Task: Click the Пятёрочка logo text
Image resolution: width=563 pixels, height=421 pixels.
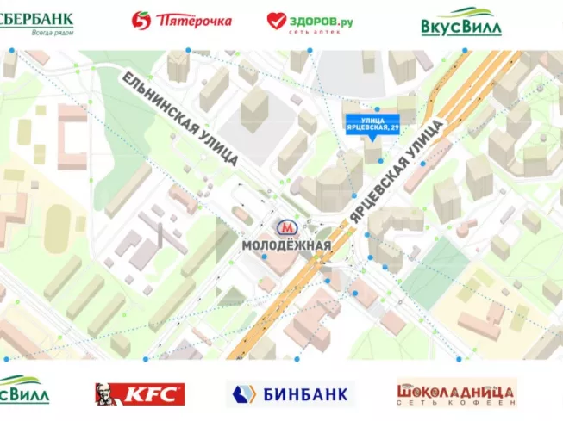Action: tap(195, 19)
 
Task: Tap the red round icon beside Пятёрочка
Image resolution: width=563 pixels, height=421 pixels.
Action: tap(141, 20)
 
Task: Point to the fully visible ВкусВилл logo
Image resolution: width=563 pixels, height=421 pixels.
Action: tap(461, 22)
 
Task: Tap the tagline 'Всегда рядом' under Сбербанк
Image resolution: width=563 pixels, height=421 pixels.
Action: tap(52, 32)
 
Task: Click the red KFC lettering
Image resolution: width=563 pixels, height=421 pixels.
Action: tap(153, 394)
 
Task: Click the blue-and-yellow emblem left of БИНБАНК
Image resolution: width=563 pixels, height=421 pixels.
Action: tap(243, 395)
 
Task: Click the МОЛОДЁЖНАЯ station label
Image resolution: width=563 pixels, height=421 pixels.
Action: tap(286, 246)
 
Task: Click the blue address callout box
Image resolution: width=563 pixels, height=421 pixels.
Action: tap(372, 123)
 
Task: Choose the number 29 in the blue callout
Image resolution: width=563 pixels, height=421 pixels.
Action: tap(395, 127)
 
